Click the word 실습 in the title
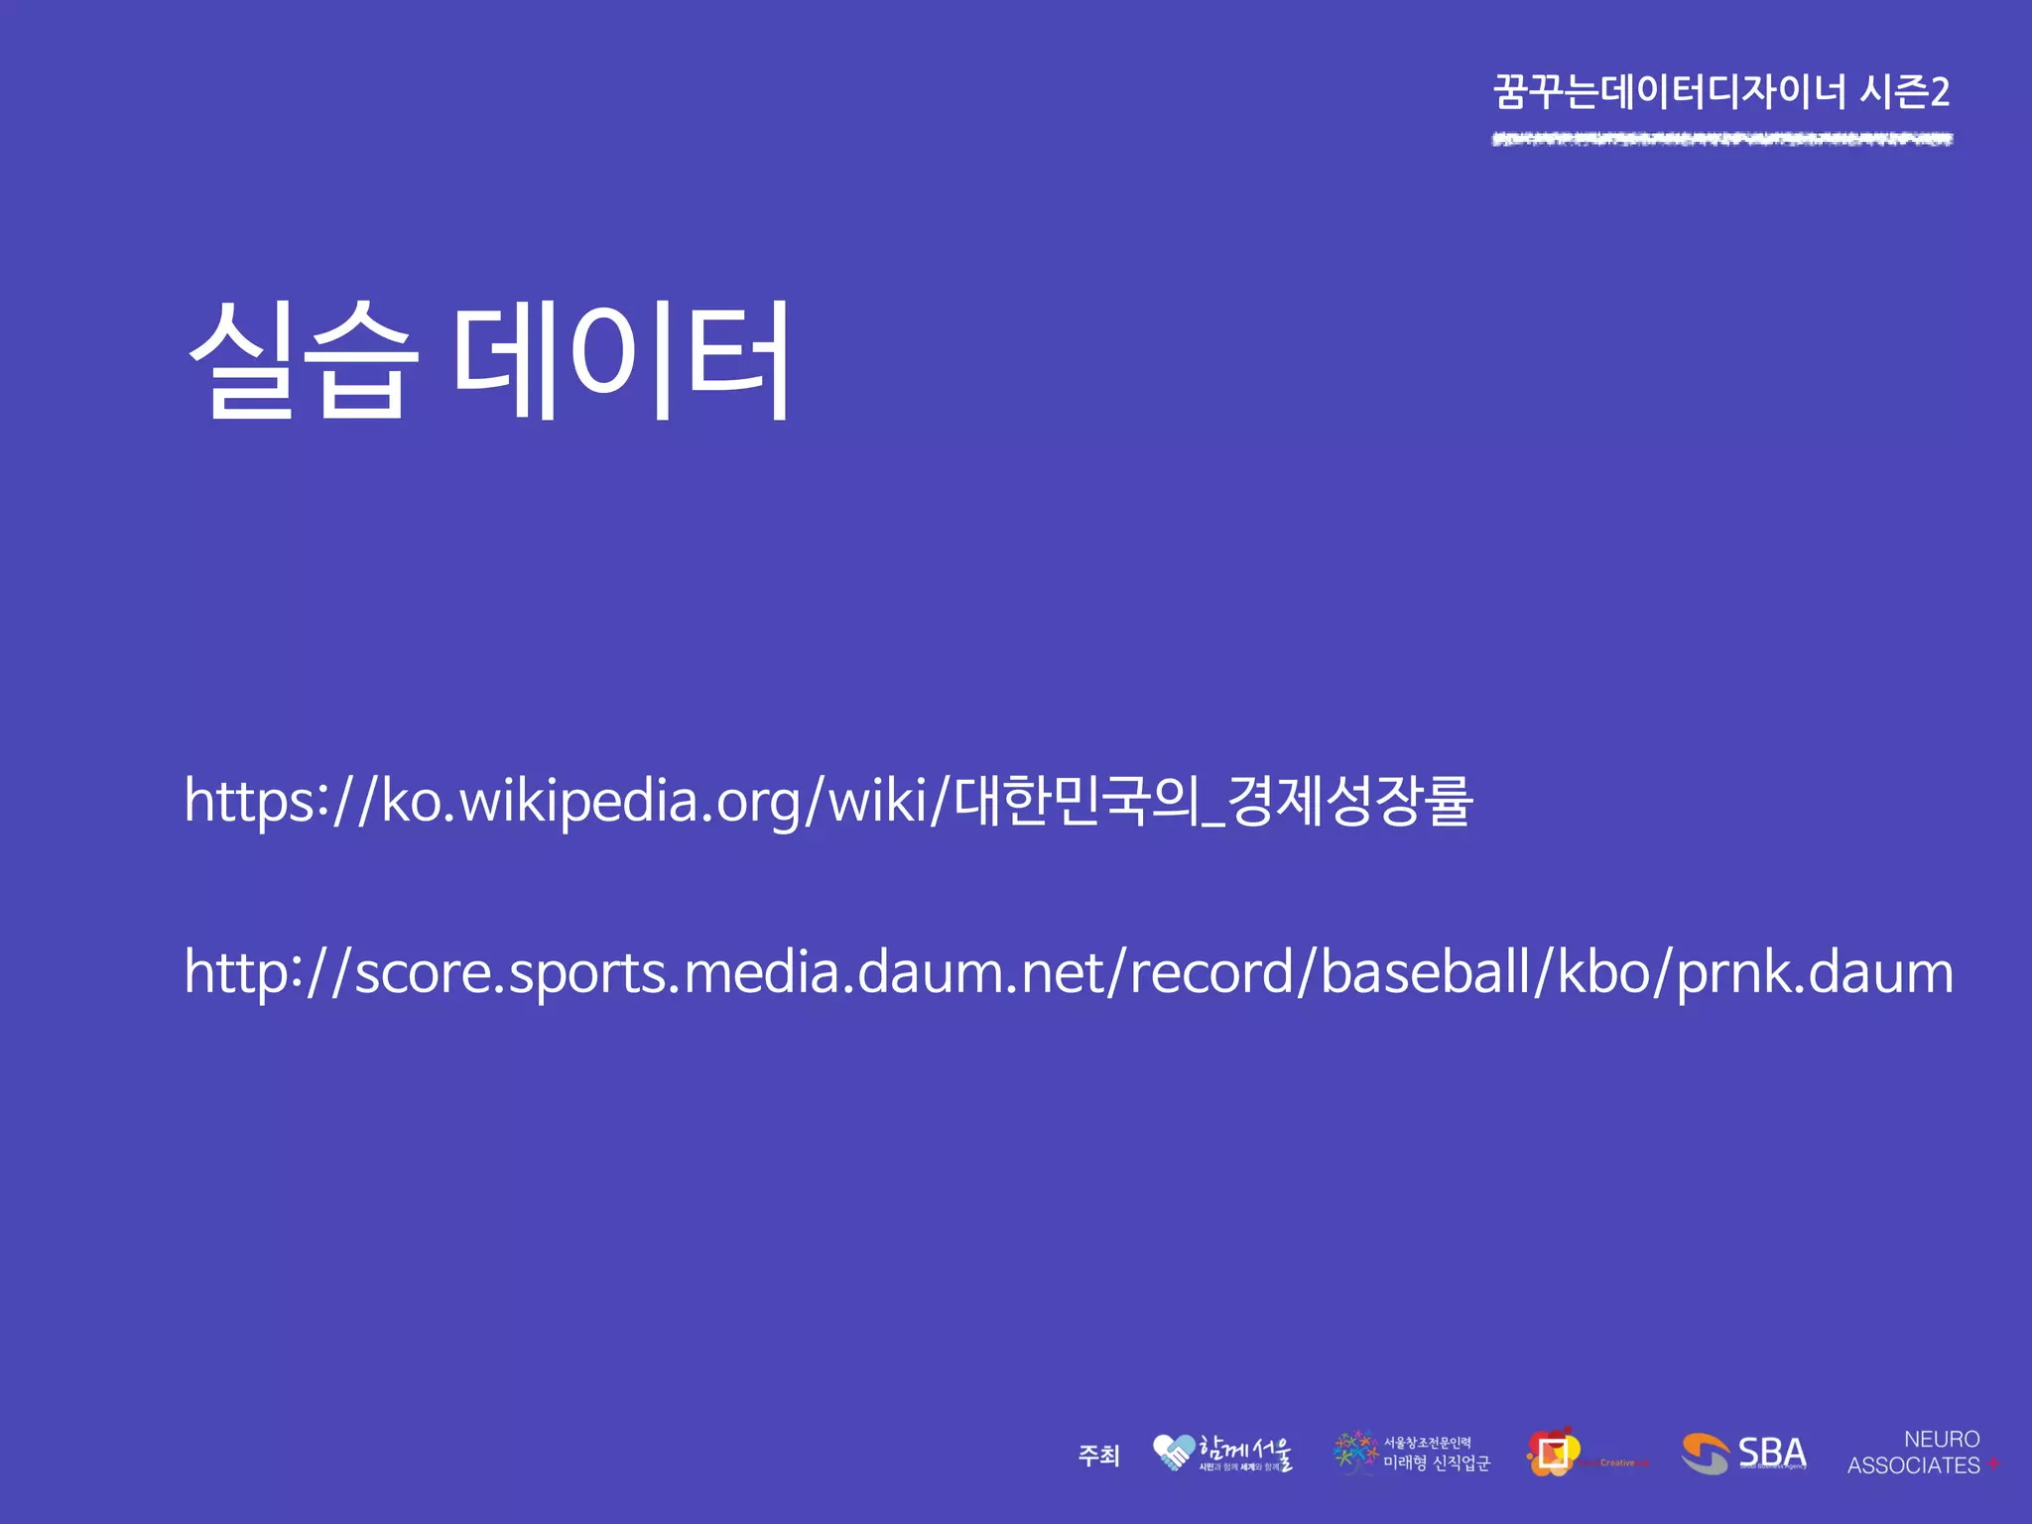tap(298, 359)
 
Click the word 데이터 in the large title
tap(622, 359)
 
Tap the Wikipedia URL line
tap(828, 802)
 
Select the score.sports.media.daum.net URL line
tap(1068, 972)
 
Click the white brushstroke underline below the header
tap(1721, 139)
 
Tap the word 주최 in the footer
tap(1098, 1456)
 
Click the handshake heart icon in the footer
tap(1174, 1453)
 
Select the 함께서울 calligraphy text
tap(1246, 1451)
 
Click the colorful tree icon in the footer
tap(1355, 1451)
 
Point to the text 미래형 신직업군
tap(1437, 1463)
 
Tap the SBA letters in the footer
tap(1772, 1453)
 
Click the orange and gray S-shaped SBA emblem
tap(1705, 1454)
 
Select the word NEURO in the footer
tap(1942, 1439)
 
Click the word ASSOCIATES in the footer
tap(1913, 1465)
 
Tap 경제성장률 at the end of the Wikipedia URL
tap(1349, 802)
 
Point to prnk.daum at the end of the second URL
tap(1815, 972)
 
